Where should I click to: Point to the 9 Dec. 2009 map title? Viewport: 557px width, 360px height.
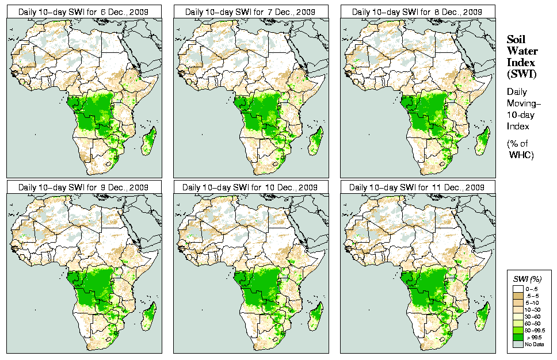(83, 187)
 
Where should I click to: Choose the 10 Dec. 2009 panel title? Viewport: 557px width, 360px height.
(250, 187)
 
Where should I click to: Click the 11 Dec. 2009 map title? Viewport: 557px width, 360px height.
(417, 187)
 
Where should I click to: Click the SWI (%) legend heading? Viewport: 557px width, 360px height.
(528, 279)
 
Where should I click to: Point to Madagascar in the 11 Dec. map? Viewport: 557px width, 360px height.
(483, 316)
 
